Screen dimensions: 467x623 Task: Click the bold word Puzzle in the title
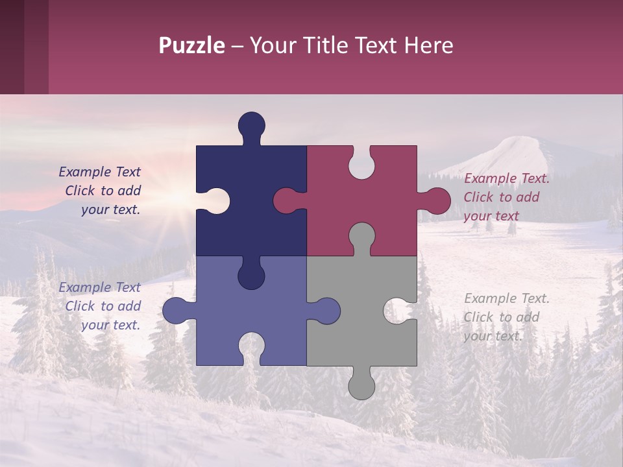coord(192,46)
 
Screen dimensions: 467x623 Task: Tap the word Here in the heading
coord(428,46)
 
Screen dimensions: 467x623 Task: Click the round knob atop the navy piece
coord(252,125)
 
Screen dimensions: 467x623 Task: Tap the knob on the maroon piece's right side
coord(437,201)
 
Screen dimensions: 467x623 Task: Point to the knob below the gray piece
coord(361,386)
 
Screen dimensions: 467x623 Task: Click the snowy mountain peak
coord(516,146)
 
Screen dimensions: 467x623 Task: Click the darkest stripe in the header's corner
coord(12,47)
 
